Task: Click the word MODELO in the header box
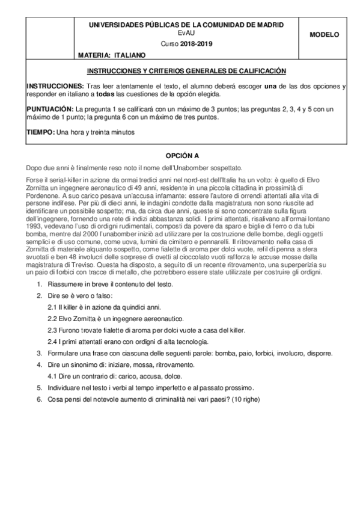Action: pyautogui.click(x=325, y=35)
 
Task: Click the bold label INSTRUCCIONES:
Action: pyautogui.click(x=55, y=86)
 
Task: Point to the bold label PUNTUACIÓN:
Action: pyautogui.click(x=50, y=109)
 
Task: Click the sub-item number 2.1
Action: pyautogui.click(x=52, y=307)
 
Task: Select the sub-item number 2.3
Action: pyautogui.click(x=52, y=330)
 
